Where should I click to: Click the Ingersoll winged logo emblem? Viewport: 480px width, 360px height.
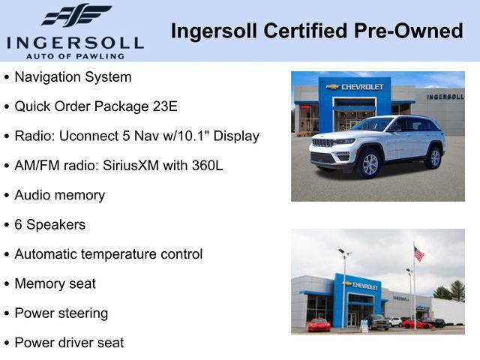[76, 14]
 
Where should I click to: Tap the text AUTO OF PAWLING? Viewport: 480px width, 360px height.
[75, 55]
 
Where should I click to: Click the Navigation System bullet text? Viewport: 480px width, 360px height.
[73, 77]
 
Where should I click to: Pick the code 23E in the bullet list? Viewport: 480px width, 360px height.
[165, 106]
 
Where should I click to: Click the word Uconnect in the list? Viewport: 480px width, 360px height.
[88, 136]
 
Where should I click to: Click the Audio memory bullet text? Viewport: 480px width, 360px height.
[59, 195]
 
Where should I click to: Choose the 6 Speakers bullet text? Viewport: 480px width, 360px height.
[49, 225]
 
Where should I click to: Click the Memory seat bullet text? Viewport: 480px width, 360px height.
[55, 284]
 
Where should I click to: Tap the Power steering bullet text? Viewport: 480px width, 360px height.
[61, 313]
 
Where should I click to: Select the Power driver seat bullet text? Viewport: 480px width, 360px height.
[69, 343]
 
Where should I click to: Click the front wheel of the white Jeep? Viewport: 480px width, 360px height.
[370, 163]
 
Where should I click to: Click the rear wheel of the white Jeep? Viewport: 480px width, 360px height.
[433, 157]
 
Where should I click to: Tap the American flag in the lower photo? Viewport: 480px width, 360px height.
[418, 254]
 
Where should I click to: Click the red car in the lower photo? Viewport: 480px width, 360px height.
[319, 324]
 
